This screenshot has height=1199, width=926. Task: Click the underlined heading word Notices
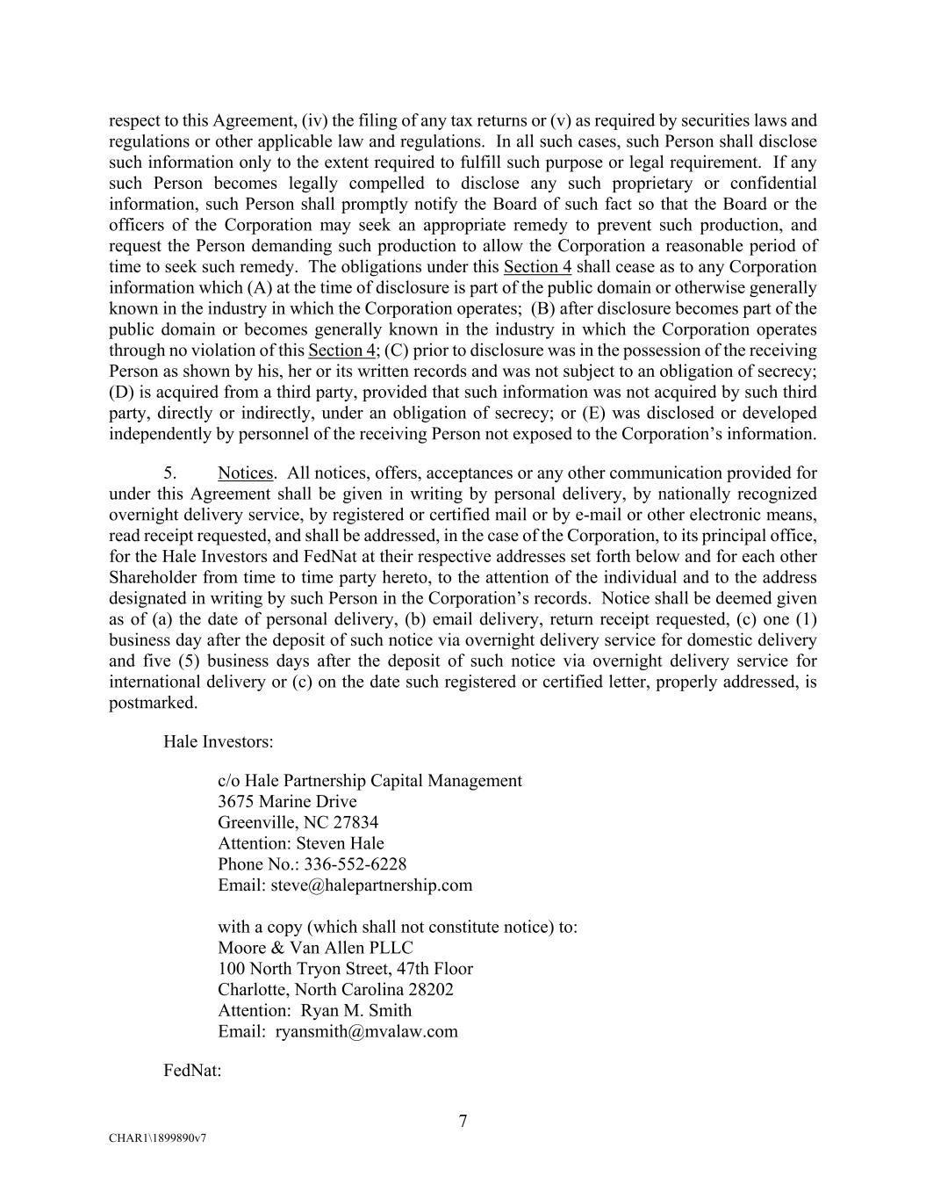tap(246, 473)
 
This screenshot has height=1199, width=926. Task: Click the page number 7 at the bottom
tap(463, 1121)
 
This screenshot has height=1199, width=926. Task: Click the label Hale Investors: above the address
tap(218, 741)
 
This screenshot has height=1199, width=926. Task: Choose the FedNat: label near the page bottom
tap(192, 1071)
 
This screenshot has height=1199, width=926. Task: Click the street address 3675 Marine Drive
tap(287, 801)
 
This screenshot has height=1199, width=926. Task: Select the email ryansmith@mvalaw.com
tap(366, 1031)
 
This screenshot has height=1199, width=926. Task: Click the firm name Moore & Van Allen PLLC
tap(315, 948)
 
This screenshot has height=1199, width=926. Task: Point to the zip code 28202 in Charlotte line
tap(431, 989)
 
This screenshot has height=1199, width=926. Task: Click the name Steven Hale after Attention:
tap(340, 843)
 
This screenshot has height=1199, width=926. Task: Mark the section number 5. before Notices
tap(171, 473)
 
